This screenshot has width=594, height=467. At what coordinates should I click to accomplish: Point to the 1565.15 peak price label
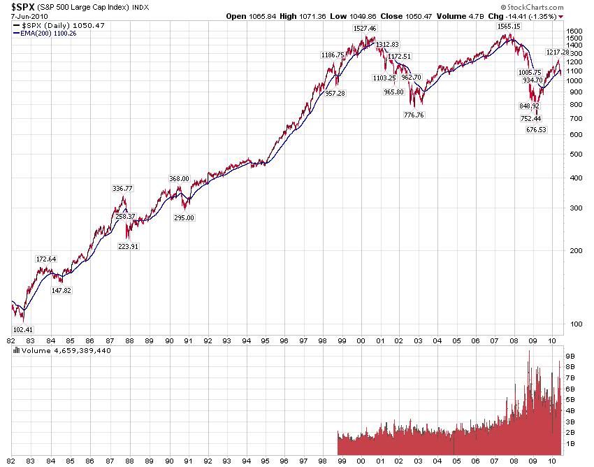(x=509, y=26)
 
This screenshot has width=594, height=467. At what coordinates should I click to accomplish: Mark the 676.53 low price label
(x=535, y=129)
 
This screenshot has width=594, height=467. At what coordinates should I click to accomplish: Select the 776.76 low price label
(x=414, y=115)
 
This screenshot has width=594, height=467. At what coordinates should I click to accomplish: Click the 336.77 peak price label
(x=122, y=188)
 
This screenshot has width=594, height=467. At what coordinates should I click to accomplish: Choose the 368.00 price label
(x=180, y=179)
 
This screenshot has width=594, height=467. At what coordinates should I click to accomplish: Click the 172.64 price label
(x=46, y=259)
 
